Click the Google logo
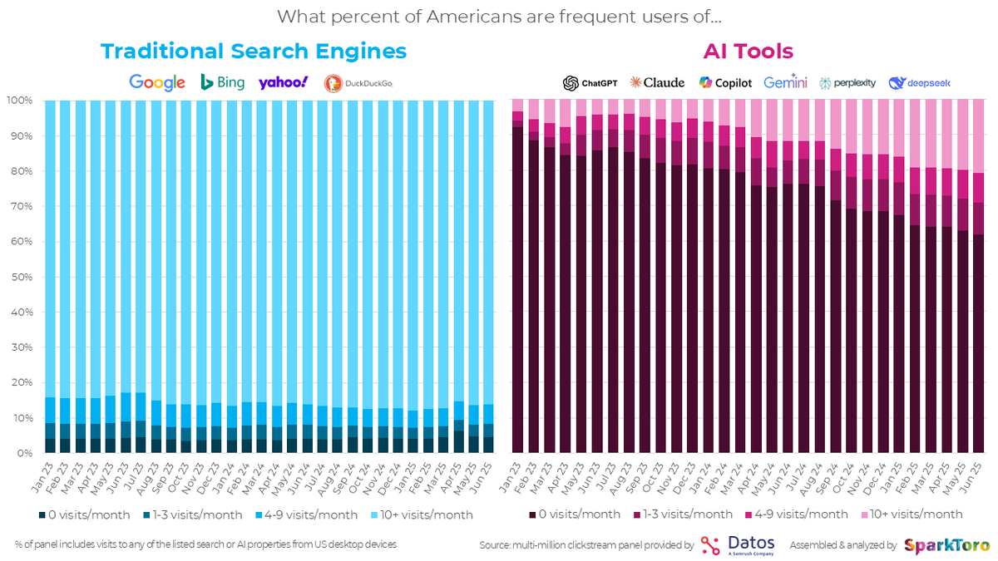coord(157,82)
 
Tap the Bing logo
coord(222,82)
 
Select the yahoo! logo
coord(283,82)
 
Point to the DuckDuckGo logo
coord(358,82)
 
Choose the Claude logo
coord(658,82)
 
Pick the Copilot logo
coord(725,82)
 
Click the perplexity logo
coord(847,82)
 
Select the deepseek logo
coord(919,82)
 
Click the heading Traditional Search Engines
coord(254,52)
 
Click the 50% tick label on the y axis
coord(20,277)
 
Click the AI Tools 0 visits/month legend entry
coord(575,514)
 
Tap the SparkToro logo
coord(946,545)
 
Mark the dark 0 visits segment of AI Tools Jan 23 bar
coord(517,291)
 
